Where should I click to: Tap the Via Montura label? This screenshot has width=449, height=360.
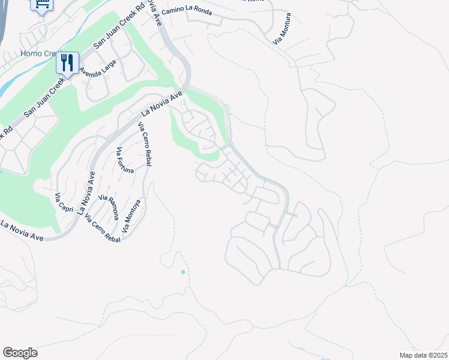pyautogui.click(x=282, y=28)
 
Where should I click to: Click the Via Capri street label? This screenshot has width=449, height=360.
pyautogui.click(x=65, y=203)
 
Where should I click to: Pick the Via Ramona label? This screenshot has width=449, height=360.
pyautogui.click(x=109, y=207)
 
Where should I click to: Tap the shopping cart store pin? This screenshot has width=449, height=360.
pyautogui.click(x=43, y=4)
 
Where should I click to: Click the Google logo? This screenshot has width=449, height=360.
pyautogui.click(x=20, y=353)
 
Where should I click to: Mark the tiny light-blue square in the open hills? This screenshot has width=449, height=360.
pyautogui.click(x=183, y=272)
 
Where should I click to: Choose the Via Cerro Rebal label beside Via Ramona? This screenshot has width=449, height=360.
pyautogui.click(x=102, y=228)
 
